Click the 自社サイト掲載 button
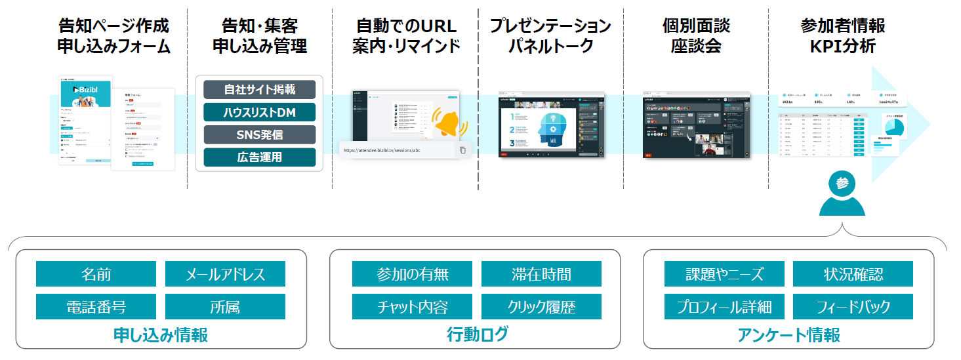(259, 90)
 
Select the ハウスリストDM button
(259, 113)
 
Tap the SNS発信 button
(259, 135)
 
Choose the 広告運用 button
(259, 157)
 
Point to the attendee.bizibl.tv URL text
(384, 150)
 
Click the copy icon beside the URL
(462, 150)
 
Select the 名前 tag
(96, 274)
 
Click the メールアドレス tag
(225, 274)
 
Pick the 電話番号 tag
(96, 306)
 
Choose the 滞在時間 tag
(541, 274)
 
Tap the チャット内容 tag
(412, 306)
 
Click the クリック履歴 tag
(541, 306)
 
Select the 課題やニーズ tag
(724, 274)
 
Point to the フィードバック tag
(853, 306)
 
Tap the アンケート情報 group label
(788, 334)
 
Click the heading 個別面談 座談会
(696, 36)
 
